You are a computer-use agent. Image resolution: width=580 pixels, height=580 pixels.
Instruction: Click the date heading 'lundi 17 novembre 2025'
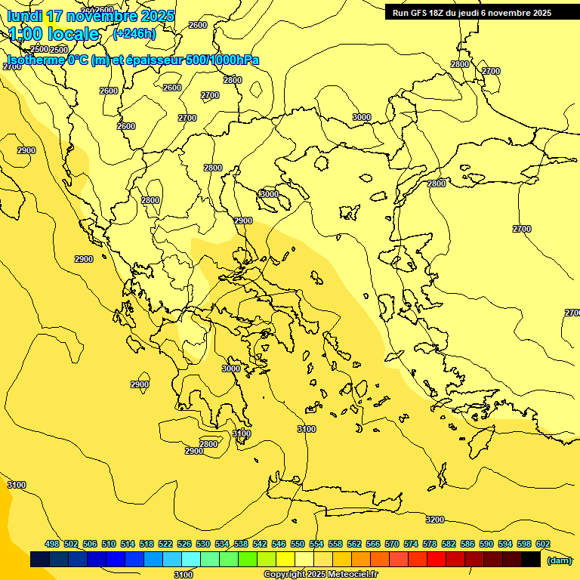[x=90, y=16]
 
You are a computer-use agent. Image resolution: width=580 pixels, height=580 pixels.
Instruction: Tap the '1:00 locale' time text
[x=53, y=34]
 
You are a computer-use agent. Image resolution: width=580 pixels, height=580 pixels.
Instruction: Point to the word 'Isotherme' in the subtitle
[x=35, y=60]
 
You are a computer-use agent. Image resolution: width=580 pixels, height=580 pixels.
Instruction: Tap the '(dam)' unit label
[x=559, y=560]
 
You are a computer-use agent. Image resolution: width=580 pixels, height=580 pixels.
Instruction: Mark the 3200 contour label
[x=435, y=520]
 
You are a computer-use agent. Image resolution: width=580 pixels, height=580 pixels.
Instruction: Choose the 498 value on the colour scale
[x=52, y=545]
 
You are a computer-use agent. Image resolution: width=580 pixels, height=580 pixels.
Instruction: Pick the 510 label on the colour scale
[x=109, y=545]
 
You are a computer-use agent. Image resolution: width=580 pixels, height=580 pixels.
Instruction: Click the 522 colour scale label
[x=165, y=545]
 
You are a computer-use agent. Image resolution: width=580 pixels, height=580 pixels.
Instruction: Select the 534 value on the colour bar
[x=222, y=545]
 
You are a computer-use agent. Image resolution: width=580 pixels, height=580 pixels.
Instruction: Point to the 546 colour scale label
[x=279, y=545]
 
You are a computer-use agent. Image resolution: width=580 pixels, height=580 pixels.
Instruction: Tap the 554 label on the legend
[x=316, y=545]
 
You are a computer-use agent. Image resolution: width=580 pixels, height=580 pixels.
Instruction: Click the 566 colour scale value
[x=373, y=545]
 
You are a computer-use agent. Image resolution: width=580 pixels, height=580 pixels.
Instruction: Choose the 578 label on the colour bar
[x=430, y=545]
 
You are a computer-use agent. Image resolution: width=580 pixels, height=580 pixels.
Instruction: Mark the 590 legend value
[x=486, y=545]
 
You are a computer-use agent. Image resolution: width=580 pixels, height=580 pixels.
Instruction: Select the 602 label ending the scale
[x=543, y=545]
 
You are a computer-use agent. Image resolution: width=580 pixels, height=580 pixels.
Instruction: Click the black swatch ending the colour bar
[x=531, y=560]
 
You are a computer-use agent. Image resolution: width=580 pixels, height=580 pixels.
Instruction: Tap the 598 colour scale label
[x=524, y=545]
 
